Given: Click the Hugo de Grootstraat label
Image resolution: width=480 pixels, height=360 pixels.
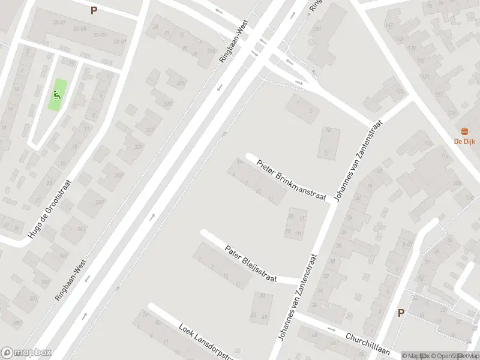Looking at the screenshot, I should point(51,207).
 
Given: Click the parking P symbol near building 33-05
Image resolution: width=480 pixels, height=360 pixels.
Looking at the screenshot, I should point(93,10).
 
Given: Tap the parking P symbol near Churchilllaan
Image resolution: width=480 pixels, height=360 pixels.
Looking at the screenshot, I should point(401,313).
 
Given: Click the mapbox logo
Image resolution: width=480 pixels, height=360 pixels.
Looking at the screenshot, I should point(26,352).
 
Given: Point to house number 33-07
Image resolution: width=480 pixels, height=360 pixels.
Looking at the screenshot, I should point(59,22).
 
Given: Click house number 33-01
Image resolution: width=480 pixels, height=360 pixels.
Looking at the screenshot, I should point(120,41).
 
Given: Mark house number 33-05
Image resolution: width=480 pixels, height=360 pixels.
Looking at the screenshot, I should point(79,29).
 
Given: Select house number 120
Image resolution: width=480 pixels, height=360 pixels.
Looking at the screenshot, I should point(400,92).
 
